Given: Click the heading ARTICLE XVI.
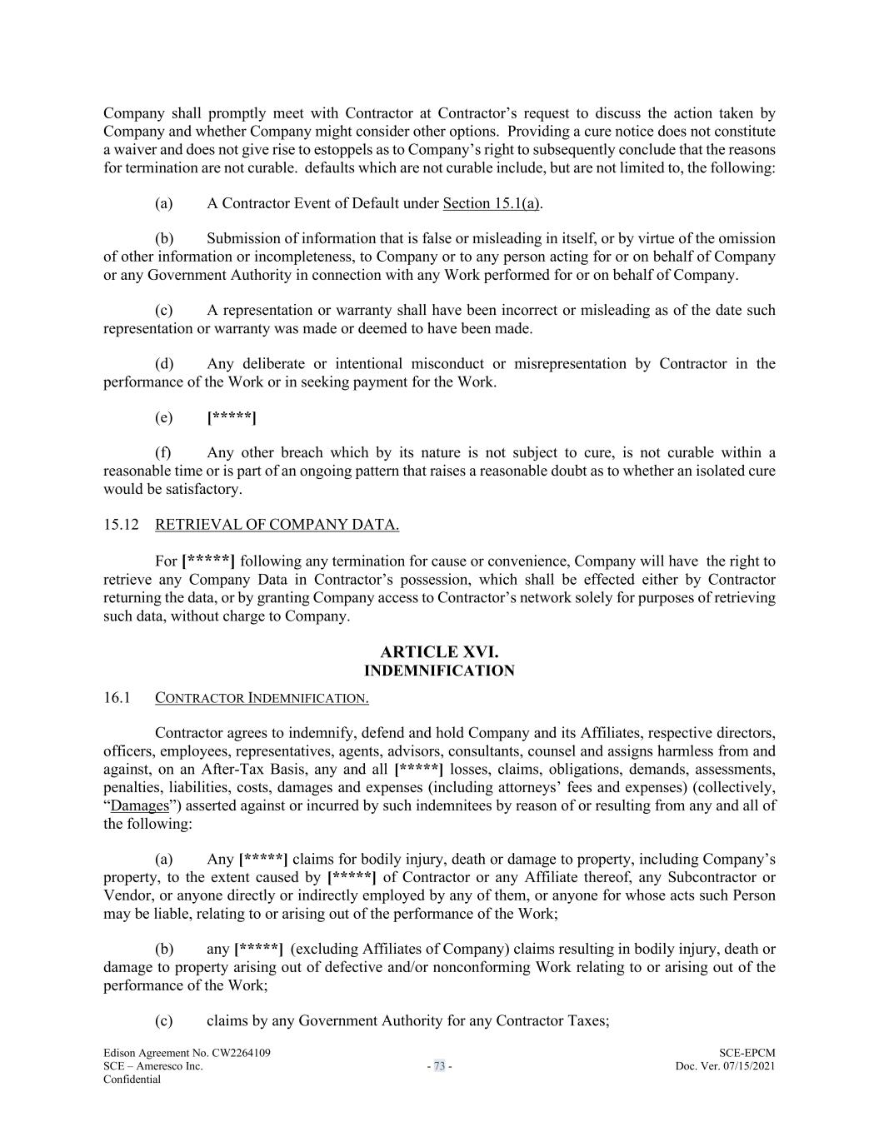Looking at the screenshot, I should (x=439, y=652).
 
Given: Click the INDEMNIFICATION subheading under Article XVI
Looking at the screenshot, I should (x=439, y=671).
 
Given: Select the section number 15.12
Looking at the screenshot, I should (x=119, y=525).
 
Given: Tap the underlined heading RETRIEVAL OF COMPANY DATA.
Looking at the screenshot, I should (x=277, y=525).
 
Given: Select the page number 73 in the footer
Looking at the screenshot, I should (x=439, y=1067).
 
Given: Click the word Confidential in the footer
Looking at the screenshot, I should (x=132, y=1080).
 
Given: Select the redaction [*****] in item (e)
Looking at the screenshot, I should (x=231, y=417).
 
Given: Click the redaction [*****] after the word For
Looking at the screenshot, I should (x=208, y=561).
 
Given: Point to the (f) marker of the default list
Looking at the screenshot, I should (x=163, y=453).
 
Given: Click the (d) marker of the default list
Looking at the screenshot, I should (x=164, y=364).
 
